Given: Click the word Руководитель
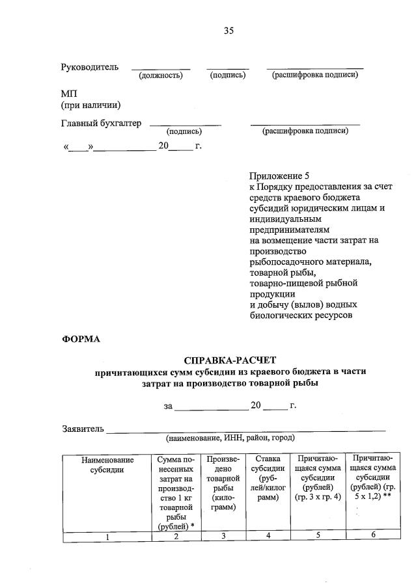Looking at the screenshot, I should (90, 68).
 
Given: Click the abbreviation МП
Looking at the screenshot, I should (69, 94).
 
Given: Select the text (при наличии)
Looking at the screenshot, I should (90, 105).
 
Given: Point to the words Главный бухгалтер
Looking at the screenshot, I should (101, 124).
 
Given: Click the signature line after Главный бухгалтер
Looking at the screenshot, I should (185, 124).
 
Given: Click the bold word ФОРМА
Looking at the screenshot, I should (81, 338).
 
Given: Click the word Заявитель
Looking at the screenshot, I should (83, 429).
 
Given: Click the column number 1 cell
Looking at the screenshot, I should (107, 536).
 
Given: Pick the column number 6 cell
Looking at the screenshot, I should (373, 535).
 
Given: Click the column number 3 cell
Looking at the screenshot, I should (223, 535).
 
